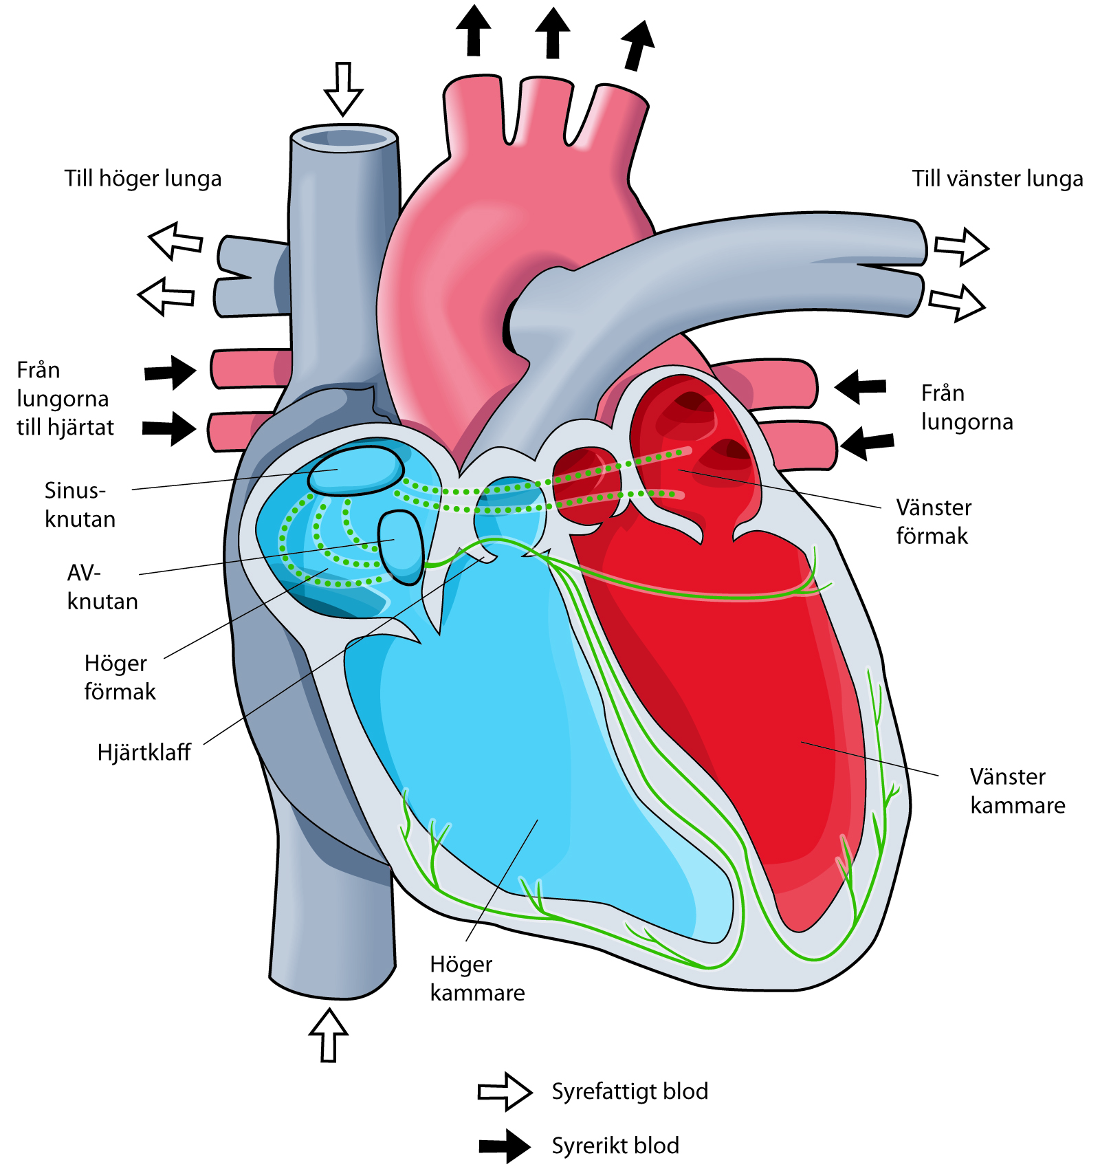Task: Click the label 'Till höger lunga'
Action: [x=143, y=179]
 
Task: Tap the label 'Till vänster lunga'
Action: [x=997, y=179]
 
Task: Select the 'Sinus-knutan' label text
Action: [x=80, y=505]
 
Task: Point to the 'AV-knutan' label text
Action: [x=102, y=587]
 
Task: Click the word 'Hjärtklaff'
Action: [x=144, y=752]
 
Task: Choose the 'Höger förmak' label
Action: [x=120, y=677]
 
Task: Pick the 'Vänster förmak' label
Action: [x=934, y=521]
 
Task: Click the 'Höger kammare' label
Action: [x=477, y=979]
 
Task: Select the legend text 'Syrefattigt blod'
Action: [x=630, y=1091]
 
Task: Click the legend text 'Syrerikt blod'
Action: [x=615, y=1146]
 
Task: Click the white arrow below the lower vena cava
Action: [x=329, y=1034]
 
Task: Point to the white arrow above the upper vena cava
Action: [x=343, y=88]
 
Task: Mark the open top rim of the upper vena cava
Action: [x=344, y=137]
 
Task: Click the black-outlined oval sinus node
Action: [x=355, y=471]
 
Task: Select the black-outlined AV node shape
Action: [x=401, y=547]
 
